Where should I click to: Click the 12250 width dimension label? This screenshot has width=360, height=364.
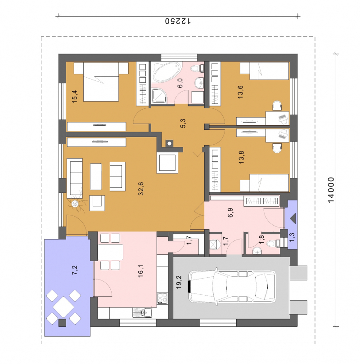[x=178, y=21]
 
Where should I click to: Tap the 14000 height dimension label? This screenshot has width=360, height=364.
[x=331, y=190]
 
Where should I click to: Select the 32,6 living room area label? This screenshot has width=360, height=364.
[x=141, y=188]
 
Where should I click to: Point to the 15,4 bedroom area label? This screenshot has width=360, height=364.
[x=75, y=97]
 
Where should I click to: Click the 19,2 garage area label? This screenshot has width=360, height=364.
[x=179, y=282]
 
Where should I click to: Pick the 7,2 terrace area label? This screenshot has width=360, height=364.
[x=75, y=271]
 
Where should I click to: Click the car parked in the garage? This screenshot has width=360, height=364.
[x=232, y=286]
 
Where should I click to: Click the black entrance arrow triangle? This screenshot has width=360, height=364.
[x=292, y=218]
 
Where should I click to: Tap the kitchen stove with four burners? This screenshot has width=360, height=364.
[x=162, y=298]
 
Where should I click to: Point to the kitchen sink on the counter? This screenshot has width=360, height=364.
[x=142, y=312]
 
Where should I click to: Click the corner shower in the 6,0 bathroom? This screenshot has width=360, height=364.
[x=159, y=96]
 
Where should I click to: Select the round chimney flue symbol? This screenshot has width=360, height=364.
[x=169, y=143]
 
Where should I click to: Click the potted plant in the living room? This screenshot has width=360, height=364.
[x=76, y=204]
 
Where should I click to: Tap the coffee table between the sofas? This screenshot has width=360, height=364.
[x=96, y=177]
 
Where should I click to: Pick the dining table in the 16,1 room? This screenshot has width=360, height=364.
[x=110, y=252]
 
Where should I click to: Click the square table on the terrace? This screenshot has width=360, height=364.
[x=63, y=307]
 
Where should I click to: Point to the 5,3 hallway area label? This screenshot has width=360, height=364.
[x=183, y=123]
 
